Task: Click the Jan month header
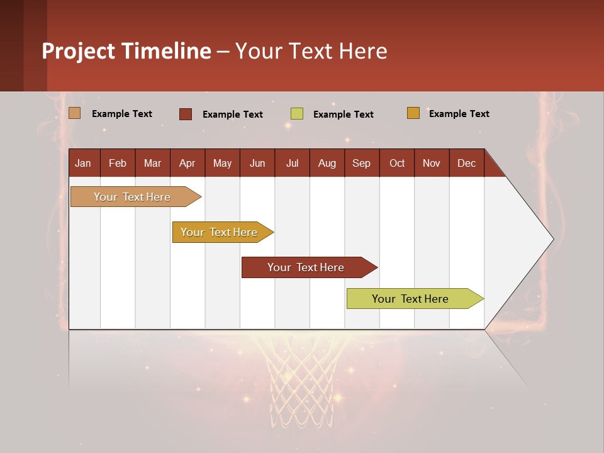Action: click(84, 163)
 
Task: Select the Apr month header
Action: click(187, 163)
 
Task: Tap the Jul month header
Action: click(292, 163)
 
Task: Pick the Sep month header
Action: click(361, 163)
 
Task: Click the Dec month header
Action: click(466, 163)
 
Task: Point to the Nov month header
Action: click(431, 163)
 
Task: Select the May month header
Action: click(222, 163)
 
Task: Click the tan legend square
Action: click(75, 113)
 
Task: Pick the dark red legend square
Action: click(186, 114)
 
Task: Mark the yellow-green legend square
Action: click(297, 114)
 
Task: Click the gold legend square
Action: click(413, 113)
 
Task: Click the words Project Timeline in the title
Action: click(126, 51)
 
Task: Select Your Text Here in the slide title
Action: click(311, 51)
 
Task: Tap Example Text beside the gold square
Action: click(459, 114)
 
